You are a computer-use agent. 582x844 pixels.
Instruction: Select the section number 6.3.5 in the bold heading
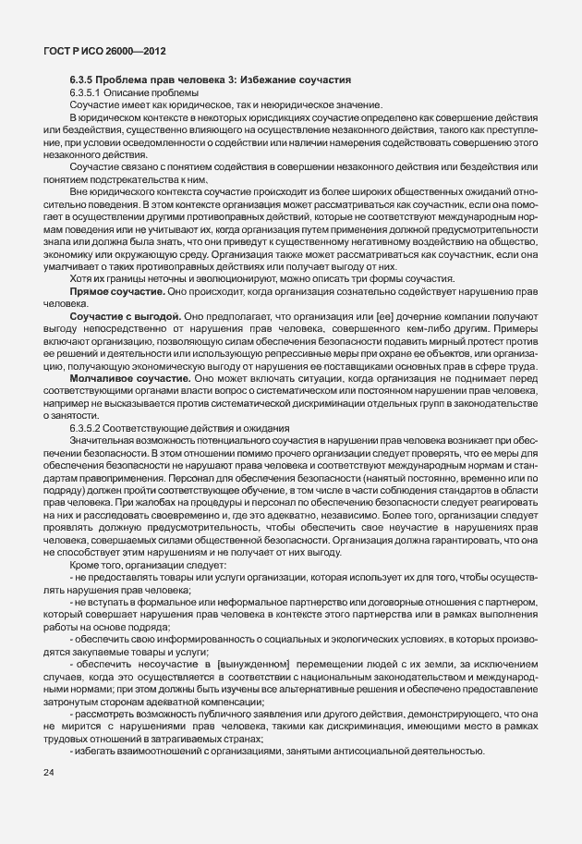click(83, 80)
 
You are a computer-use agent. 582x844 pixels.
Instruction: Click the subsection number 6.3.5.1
click(88, 93)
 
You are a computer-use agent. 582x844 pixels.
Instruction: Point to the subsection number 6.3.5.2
click(88, 428)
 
